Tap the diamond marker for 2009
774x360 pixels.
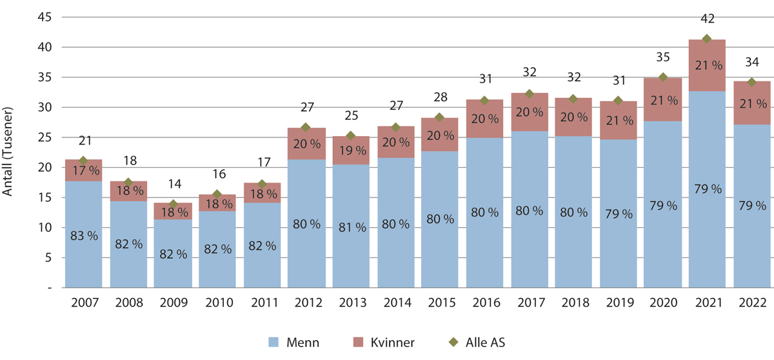(x=172, y=204)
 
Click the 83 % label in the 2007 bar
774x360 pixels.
(x=83, y=236)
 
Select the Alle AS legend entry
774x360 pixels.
(x=478, y=343)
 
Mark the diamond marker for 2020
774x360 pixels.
(x=662, y=77)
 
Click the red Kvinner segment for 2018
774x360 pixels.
(x=573, y=117)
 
